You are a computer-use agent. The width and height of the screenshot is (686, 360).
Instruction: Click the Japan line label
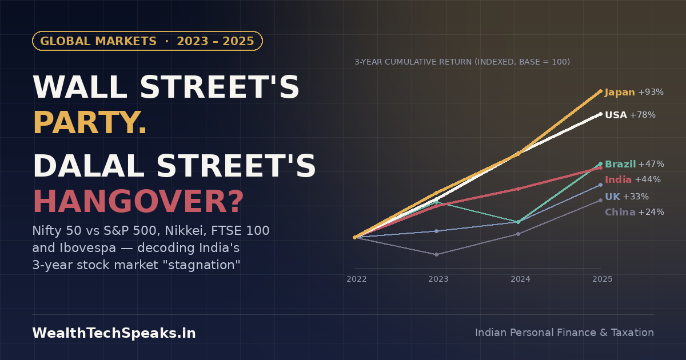tap(634, 92)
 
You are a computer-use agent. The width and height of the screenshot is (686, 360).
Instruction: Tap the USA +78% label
tap(630, 115)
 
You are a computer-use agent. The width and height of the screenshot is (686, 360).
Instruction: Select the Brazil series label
tap(635, 164)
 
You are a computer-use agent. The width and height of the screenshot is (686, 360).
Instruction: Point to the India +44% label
tap(633, 179)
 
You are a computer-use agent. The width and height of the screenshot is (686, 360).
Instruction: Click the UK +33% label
tap(627, 197)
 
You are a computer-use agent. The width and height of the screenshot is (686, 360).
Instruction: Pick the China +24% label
tap(635, 212)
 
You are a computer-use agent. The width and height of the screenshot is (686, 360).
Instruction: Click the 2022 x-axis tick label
tap(357, 279)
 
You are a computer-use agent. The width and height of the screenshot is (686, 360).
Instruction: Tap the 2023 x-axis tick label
tap(438, 279)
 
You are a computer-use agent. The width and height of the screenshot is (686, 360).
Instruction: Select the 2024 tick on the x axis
tap(520, 279)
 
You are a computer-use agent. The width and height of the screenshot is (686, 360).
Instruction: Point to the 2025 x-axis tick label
tap(603, 279)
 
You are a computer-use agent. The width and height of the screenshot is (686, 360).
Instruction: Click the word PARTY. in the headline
tap(90, 123)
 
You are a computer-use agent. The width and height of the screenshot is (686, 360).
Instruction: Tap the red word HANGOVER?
tap(138, 202)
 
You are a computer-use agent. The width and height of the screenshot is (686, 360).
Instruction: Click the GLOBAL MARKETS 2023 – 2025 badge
tap(147, 41)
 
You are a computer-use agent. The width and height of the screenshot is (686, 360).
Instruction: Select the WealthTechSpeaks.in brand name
tap(114, 333)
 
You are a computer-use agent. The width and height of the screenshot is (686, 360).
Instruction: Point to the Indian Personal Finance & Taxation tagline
tap(564, 333)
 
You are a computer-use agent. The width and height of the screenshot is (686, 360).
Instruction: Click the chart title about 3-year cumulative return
tap(462, 62)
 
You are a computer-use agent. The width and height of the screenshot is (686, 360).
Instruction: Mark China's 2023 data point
tap(436, 254)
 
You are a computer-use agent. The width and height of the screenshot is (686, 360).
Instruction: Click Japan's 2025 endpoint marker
tap(600, 91)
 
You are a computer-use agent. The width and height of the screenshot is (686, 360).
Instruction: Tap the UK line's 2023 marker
tap(436, 231)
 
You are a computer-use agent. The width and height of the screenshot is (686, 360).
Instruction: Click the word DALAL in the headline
tap(89, 166)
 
